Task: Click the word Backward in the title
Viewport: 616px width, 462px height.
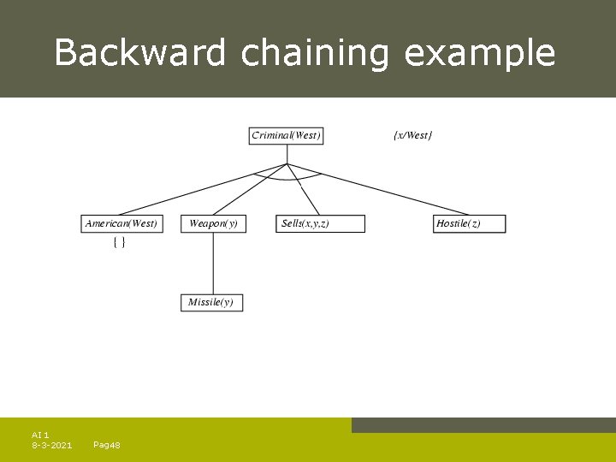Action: click(140, 53)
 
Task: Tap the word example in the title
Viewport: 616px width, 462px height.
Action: click(479, 53)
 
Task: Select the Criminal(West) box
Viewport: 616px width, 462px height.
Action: click(287, 135)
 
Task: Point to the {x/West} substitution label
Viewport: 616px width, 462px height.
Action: click(413, 135)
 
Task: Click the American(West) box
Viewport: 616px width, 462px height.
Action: click(121, 223)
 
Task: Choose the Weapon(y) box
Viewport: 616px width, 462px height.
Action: click(213, 223)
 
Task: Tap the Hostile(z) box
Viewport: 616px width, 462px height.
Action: click(470, 223)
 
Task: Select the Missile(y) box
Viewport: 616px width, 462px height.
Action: click(212, 302)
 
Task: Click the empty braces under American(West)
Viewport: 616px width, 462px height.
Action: click(120, 243)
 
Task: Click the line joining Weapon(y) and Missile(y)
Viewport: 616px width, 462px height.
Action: click(213, 263)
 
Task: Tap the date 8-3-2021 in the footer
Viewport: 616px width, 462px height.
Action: click(51, 445)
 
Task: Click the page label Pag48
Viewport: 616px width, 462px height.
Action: click(106, 445)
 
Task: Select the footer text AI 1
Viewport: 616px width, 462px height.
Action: click(40, 435)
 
